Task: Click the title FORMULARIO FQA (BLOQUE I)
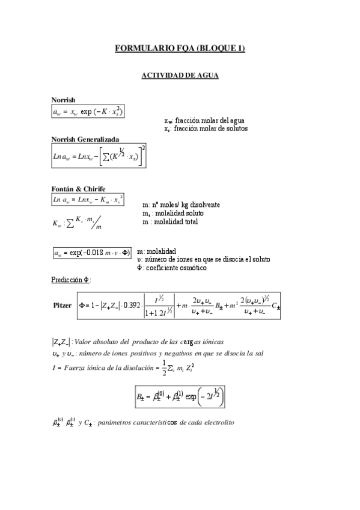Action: pos(180,49)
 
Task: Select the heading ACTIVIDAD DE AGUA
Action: pos(180,76)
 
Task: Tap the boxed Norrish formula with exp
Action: pos(88,112)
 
